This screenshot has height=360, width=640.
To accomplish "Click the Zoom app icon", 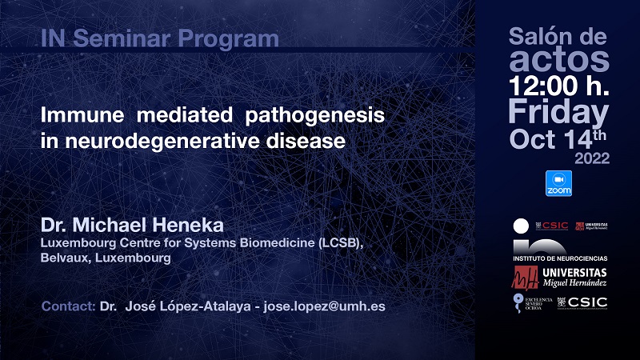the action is coord(558,183).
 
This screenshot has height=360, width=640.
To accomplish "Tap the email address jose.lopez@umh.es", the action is coord(324,306).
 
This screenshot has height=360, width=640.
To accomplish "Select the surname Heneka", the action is coord(189,225).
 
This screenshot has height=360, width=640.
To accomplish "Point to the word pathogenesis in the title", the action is coord(314,115).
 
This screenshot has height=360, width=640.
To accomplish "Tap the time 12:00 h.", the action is coord(558,86).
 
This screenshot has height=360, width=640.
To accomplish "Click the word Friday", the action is coord(558,112).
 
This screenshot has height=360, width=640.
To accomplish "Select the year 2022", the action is coord(592,158).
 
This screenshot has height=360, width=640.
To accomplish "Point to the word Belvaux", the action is coord(66,258).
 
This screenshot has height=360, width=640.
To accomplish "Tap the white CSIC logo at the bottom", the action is coord(582,303).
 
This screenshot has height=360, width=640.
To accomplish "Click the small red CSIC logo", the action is coord(551,226).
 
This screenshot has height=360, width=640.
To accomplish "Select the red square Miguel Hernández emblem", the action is coord(526,278).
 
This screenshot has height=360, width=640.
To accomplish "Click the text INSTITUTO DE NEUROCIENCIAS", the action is coord(560,258).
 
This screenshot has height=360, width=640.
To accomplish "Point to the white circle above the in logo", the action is coord(521,226).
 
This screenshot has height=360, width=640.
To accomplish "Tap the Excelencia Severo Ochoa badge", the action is coord(533,303).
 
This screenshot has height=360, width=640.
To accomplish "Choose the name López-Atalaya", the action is coord(188,306).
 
